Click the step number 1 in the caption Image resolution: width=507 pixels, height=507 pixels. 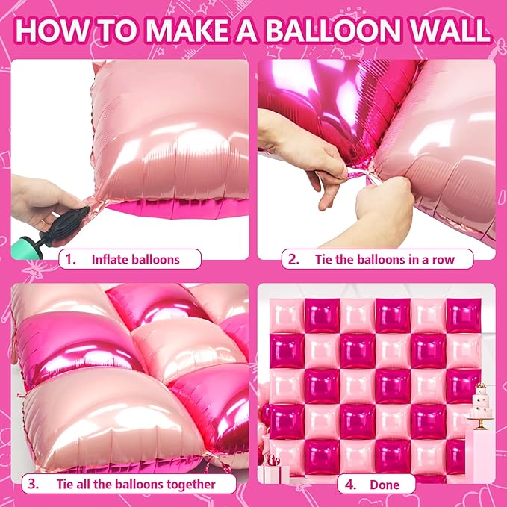coord(71,260)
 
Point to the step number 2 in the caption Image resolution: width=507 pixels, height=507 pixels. coord(294,260)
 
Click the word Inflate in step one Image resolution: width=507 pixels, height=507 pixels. coord(111,260)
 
